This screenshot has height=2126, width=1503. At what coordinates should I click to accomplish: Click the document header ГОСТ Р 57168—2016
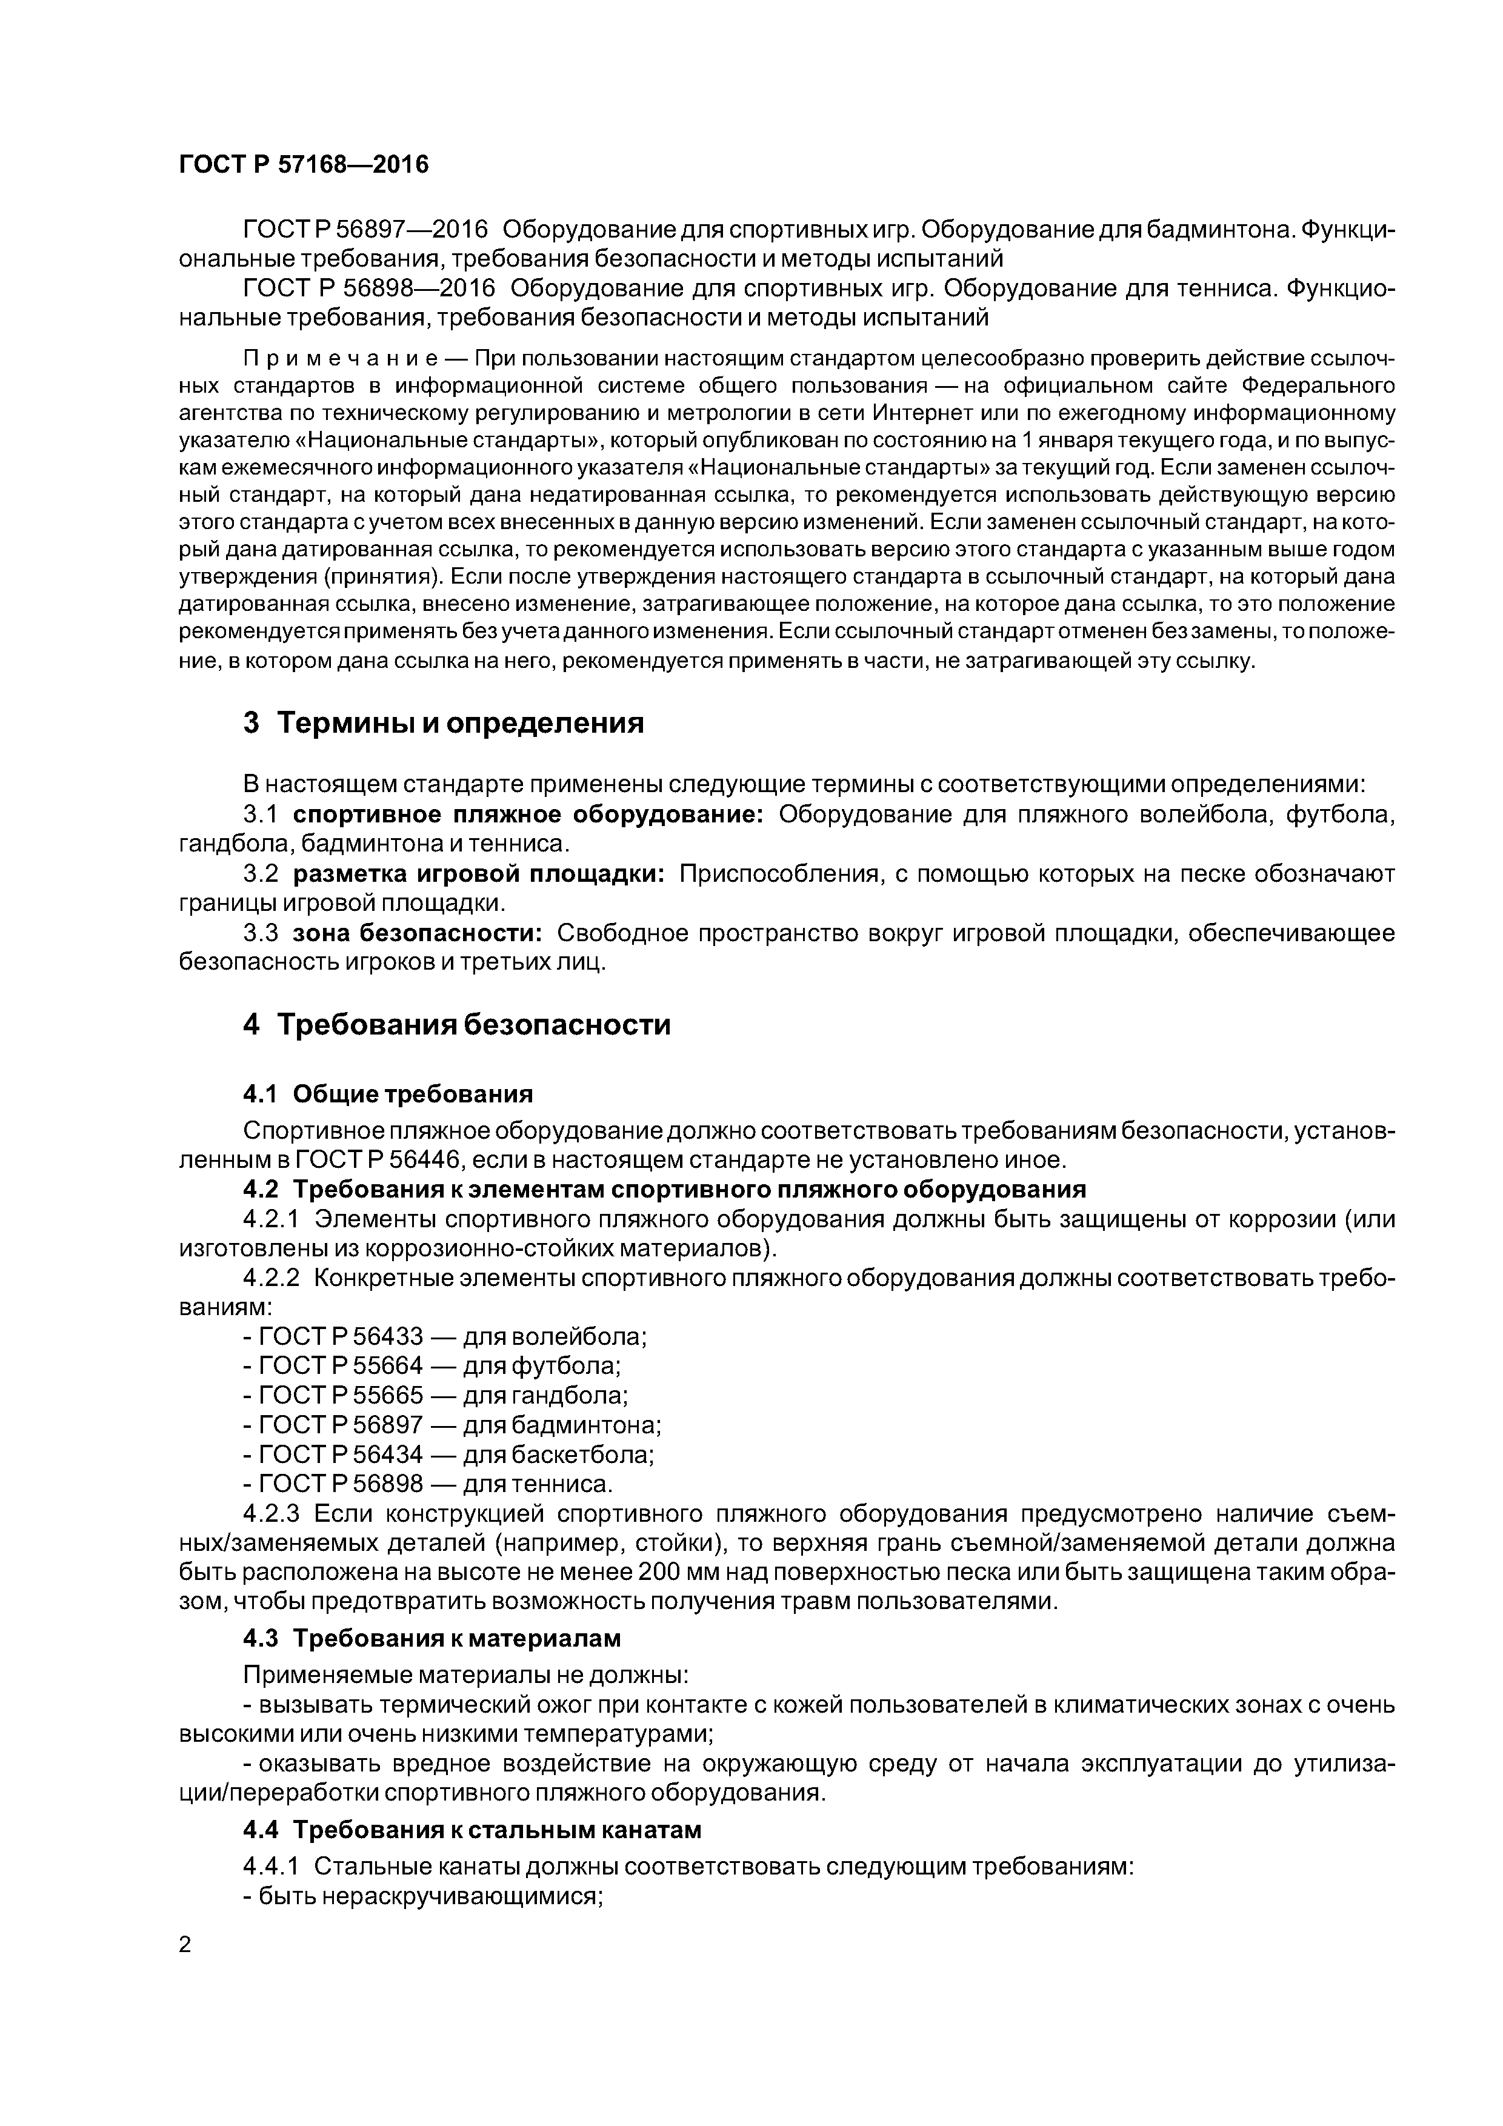[x=303, y=165]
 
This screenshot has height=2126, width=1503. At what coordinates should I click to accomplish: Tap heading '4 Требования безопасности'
[x=456, y=1025]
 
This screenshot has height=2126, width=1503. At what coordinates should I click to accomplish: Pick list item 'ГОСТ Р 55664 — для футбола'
[x=432, y=1366]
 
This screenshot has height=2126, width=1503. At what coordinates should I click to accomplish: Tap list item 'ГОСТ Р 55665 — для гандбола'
[x=435, y=1396]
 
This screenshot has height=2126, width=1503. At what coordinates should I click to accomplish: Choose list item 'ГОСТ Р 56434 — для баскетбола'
[x=448, y=1455]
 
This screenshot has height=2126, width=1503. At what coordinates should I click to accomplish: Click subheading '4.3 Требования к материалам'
[x=432, y=1638]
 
